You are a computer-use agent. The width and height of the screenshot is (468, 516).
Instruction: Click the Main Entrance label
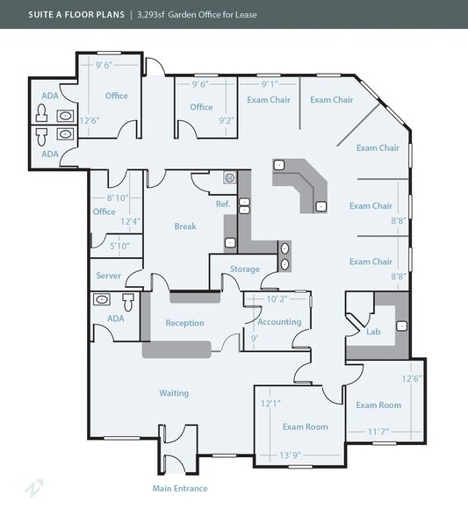click(x=180, y=488)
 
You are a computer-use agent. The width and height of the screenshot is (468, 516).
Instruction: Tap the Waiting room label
click(x=174, y=393)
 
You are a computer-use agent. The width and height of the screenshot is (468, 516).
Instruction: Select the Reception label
click(x=184, y=323)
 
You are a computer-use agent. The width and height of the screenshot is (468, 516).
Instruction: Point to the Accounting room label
click(x=279, y=322)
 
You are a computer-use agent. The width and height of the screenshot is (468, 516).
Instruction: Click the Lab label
click(x=373, y=332)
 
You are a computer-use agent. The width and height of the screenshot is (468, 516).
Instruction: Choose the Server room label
click(x=108, y=276)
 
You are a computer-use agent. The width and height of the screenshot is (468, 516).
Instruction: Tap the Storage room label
click(x=245, y=269)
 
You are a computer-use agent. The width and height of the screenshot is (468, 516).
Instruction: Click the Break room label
click(x=185, y=226)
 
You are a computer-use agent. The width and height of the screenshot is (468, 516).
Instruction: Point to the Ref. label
click(x=223, y=204)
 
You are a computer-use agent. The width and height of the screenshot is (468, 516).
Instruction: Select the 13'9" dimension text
click(x=290, y=455)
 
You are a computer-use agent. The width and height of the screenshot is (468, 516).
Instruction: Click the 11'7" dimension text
click(x=378, y=432)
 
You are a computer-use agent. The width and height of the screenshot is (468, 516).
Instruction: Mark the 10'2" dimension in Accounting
click(x=277, y=298)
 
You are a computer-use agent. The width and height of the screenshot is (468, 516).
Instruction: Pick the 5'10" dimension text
click(x=120, y=246)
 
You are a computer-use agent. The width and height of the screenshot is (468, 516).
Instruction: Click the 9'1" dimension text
click(x=270, y=84)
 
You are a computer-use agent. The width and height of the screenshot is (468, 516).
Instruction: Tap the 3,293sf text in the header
click(x=150, y=14)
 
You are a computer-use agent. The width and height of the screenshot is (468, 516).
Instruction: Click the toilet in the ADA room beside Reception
click(x=128, y=302)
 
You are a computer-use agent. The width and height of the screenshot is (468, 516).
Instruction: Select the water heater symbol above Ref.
click(x=230, y=177)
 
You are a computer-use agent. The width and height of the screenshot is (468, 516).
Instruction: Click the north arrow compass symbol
click(x=34, y=488)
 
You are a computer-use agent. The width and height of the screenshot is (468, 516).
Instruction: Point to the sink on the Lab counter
click(x=401, y=326)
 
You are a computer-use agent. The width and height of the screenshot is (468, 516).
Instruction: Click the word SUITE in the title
click(x=40, y=14)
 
